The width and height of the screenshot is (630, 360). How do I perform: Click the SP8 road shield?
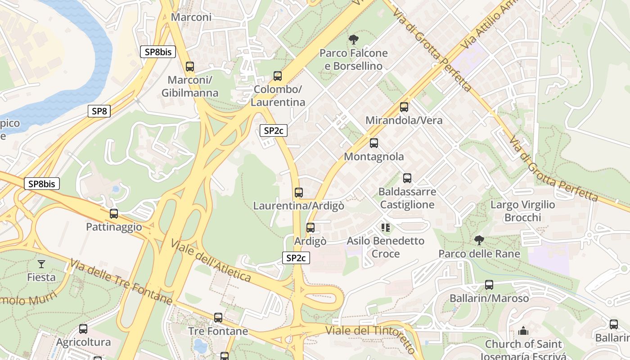point(99,111)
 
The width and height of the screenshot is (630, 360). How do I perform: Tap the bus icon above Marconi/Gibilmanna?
point(190,67)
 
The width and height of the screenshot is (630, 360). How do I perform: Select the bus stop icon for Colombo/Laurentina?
point(278,76)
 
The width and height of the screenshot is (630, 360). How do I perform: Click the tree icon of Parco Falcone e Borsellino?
point(354,40)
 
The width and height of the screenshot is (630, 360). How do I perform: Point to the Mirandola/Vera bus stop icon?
point(404,107)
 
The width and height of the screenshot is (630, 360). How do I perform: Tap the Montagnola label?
point(373,157)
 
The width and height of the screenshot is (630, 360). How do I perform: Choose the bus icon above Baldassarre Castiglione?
point(407,178)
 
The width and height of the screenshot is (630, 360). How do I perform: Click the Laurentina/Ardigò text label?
point(298,206)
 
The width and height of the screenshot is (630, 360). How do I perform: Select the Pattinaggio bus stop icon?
point(114,214)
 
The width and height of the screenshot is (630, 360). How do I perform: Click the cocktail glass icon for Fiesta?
point(41,264)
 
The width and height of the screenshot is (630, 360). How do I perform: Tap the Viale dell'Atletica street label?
point(211,261)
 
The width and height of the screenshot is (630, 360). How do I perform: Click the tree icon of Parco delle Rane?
point(479,240)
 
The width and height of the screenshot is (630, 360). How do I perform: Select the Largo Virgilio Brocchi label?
point(522,211)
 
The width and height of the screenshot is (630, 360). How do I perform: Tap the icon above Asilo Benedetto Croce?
point(385,228)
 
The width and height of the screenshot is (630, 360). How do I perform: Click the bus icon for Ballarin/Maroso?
point(489,285)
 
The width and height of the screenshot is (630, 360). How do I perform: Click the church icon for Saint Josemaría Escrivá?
point(523,331)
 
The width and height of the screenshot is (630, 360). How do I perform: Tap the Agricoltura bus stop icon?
point(83,329)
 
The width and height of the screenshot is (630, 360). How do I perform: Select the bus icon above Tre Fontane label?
point(218,318)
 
